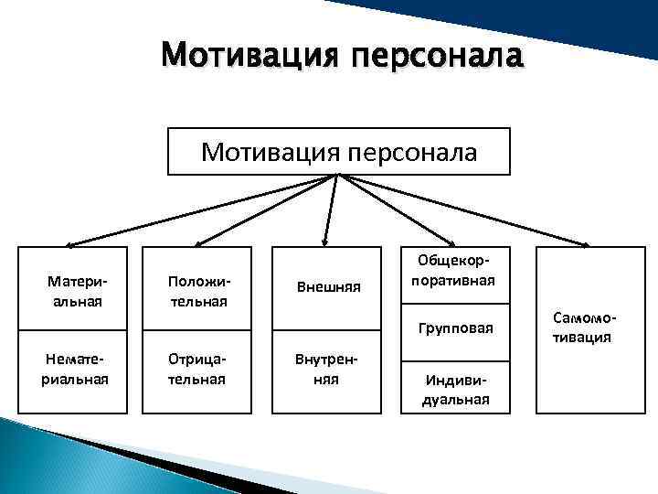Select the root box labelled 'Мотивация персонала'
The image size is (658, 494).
339,151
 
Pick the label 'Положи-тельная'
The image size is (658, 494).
196,291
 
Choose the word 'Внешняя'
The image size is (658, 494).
329,287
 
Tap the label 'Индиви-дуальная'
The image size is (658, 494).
456,389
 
